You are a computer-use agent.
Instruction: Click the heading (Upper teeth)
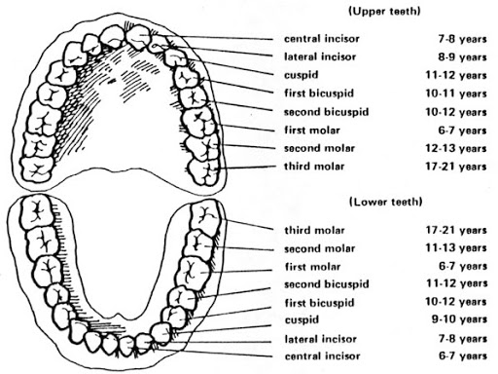384,12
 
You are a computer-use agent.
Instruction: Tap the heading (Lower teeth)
386,202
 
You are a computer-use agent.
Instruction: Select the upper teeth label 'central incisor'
322,39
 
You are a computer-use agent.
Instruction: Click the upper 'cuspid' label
302,75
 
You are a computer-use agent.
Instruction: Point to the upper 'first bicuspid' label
319,93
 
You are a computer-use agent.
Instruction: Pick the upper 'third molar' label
314,167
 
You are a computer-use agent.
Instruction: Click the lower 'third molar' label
314,231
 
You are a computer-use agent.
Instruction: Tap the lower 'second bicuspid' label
327,284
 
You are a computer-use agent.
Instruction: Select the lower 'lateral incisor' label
321,339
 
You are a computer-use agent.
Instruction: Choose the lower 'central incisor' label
323,356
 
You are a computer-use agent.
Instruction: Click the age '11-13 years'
456,248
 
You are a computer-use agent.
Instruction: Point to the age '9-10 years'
459,319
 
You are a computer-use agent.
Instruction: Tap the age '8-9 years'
462,57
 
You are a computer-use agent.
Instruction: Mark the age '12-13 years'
456,149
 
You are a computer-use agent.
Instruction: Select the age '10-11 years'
456,93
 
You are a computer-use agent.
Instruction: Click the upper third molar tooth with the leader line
204,171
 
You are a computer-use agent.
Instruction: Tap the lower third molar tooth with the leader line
205,217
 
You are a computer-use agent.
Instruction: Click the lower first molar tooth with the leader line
194,273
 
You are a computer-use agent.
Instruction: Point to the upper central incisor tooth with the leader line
139,36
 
